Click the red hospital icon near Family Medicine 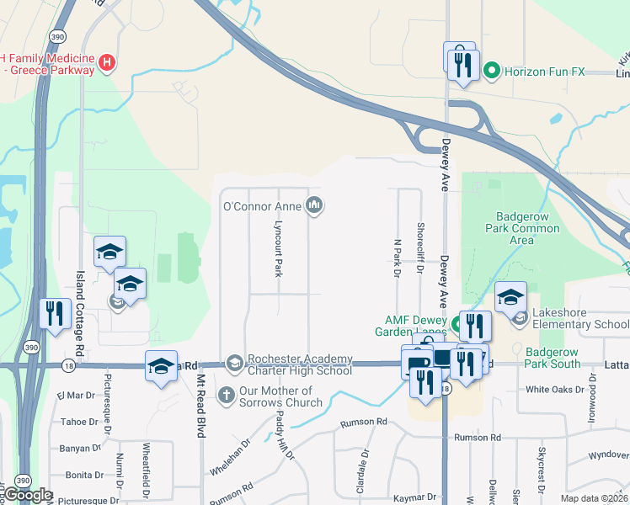pyautogui.click(x=107, y=61)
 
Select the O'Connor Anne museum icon pyautogui.click(x=314, y=205)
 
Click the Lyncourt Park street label pyautogui.click(x=277, y=250)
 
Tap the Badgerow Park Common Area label pyautogui.click(x=522, y=227)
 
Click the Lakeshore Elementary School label pyautogui.click(x=575, y=325)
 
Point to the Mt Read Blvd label pyautogui.click(x=201, y=411)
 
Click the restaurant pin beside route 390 pyautogui.click(x=54, y=314)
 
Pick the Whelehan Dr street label pyautogui.click(x=230, y=454)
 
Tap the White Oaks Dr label pyautogui.click(x=554, y=390)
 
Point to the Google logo pyautogui.click(x=28, y=495)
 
